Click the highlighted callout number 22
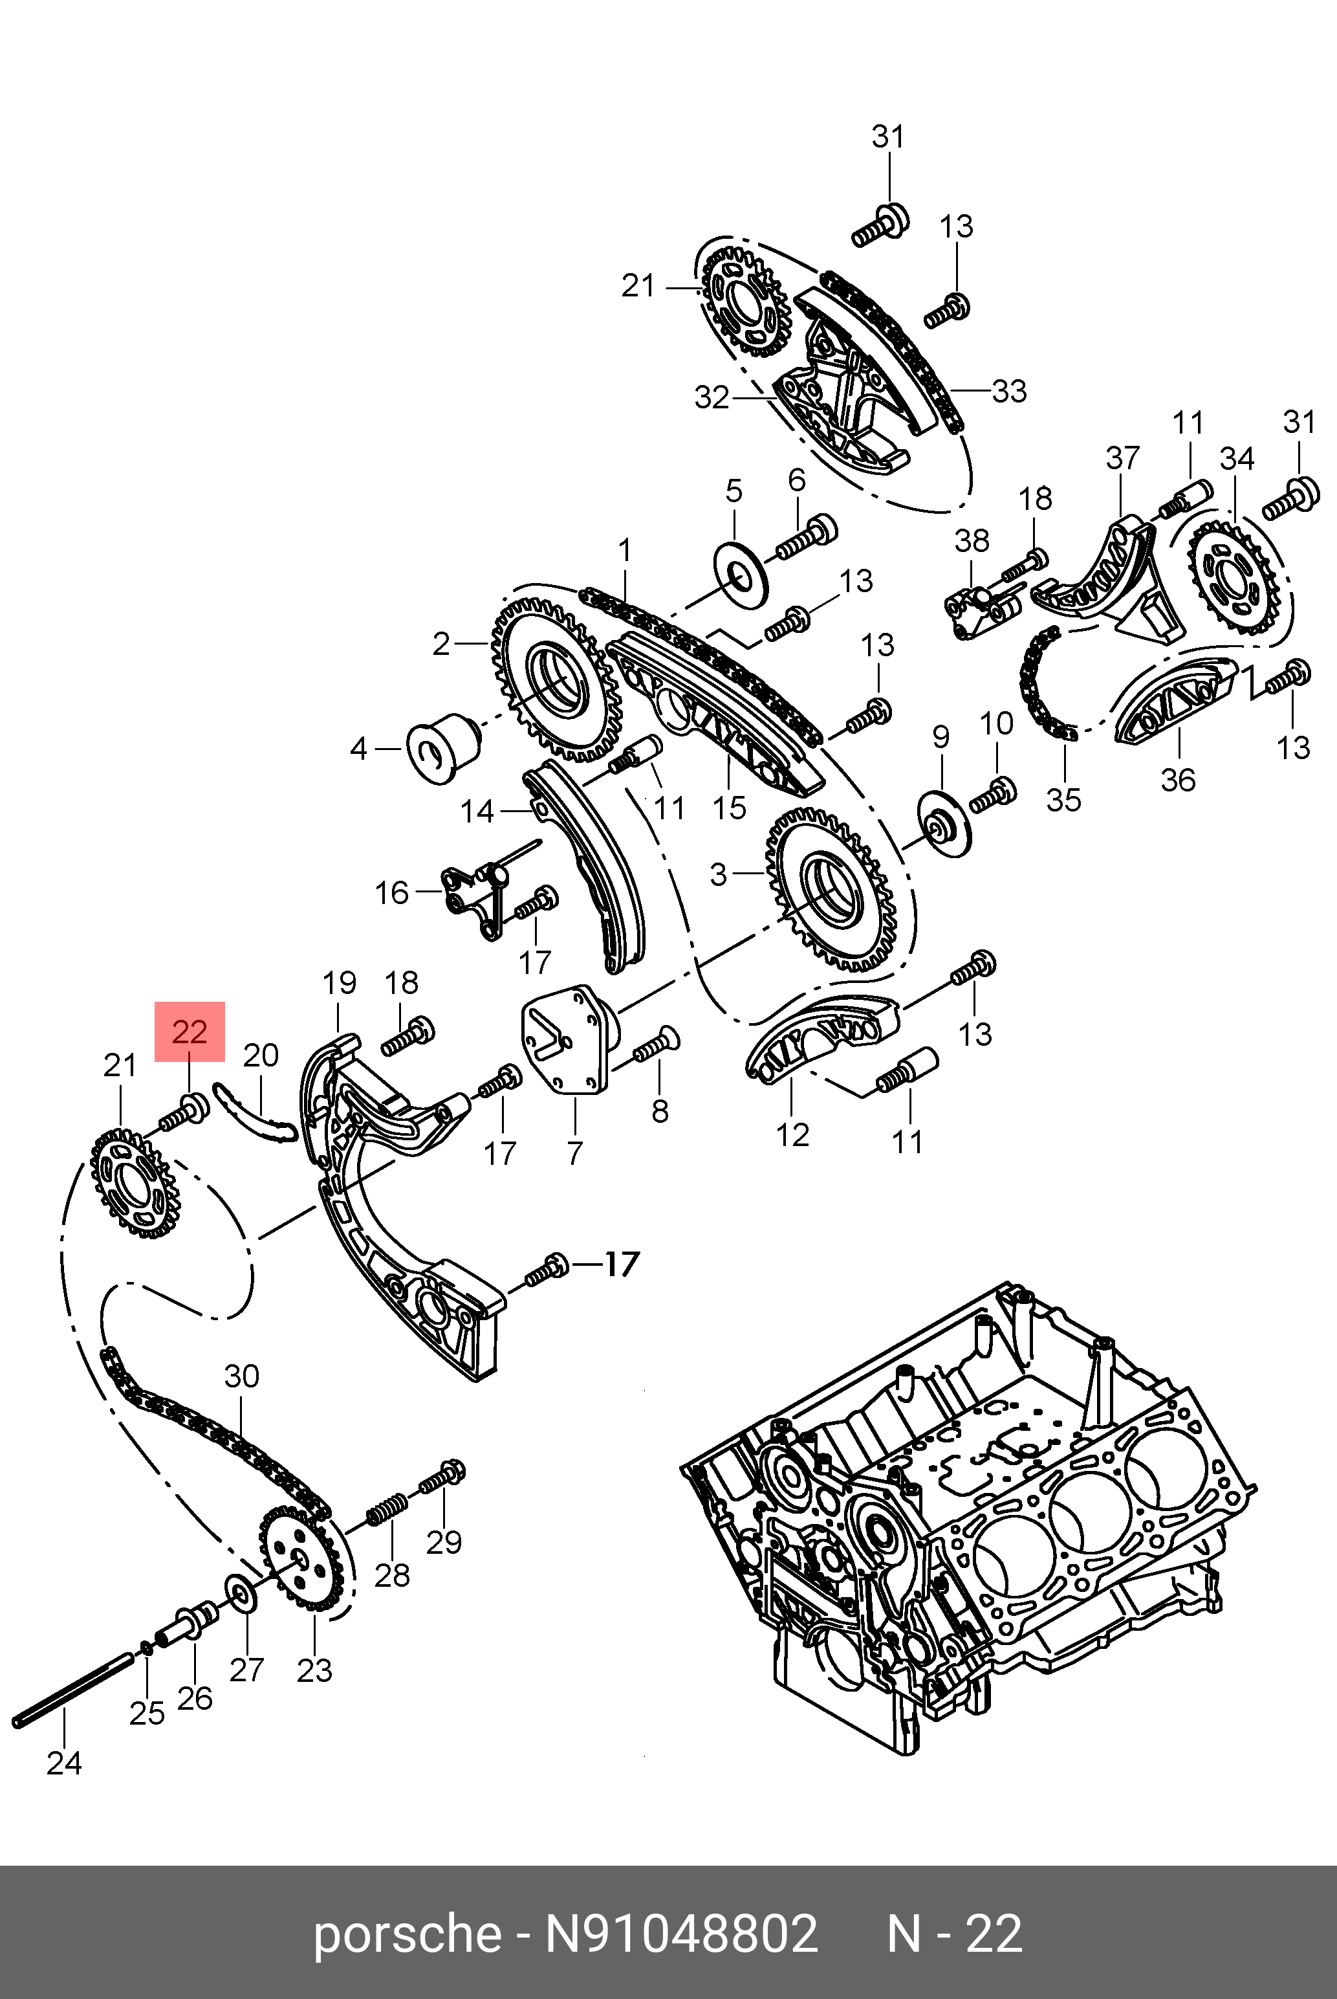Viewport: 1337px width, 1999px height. coord(190,1032)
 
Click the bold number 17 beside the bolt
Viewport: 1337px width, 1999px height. coord(622,1264)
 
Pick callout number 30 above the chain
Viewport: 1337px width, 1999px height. coord(241,1376)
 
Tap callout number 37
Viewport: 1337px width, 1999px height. coord(1122,458)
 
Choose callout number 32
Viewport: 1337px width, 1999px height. coord(711,397)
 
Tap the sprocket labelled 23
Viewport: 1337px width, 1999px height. coord(301,1561)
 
